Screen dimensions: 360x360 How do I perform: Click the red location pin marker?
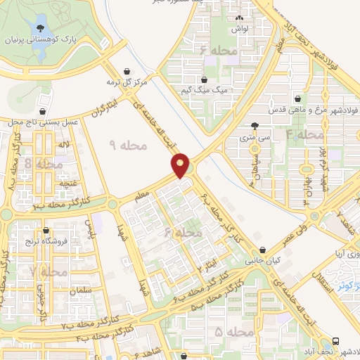click(181, 165)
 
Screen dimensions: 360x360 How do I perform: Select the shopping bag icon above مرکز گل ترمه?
click(127, 71)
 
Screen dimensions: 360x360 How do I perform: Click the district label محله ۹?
click(129, 144)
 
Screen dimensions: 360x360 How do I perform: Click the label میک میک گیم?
click(205, 91)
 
